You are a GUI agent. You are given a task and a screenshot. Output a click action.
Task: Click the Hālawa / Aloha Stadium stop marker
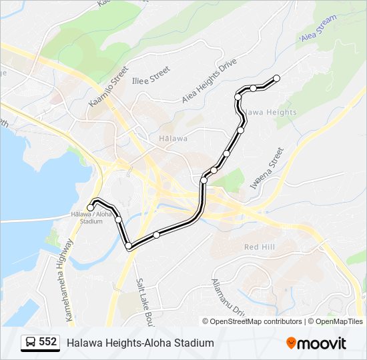(x=91, y=208)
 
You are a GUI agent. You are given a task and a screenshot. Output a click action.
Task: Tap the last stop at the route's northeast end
(x=276, y=79)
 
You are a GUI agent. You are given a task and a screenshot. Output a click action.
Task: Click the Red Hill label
(x=260, y=247)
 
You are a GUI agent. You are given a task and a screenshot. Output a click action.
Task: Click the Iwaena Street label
(x=267, y=169)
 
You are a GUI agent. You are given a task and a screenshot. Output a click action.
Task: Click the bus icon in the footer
(x=30, y=343)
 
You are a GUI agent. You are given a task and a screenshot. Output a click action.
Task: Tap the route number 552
(x=48, y=342)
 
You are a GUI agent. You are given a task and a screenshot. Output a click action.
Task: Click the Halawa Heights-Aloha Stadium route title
(x=140, y=343)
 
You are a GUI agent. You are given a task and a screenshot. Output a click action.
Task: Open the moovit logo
(x=316, y=343)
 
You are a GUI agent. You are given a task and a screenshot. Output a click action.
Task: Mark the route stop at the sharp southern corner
(x=129, y=247)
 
